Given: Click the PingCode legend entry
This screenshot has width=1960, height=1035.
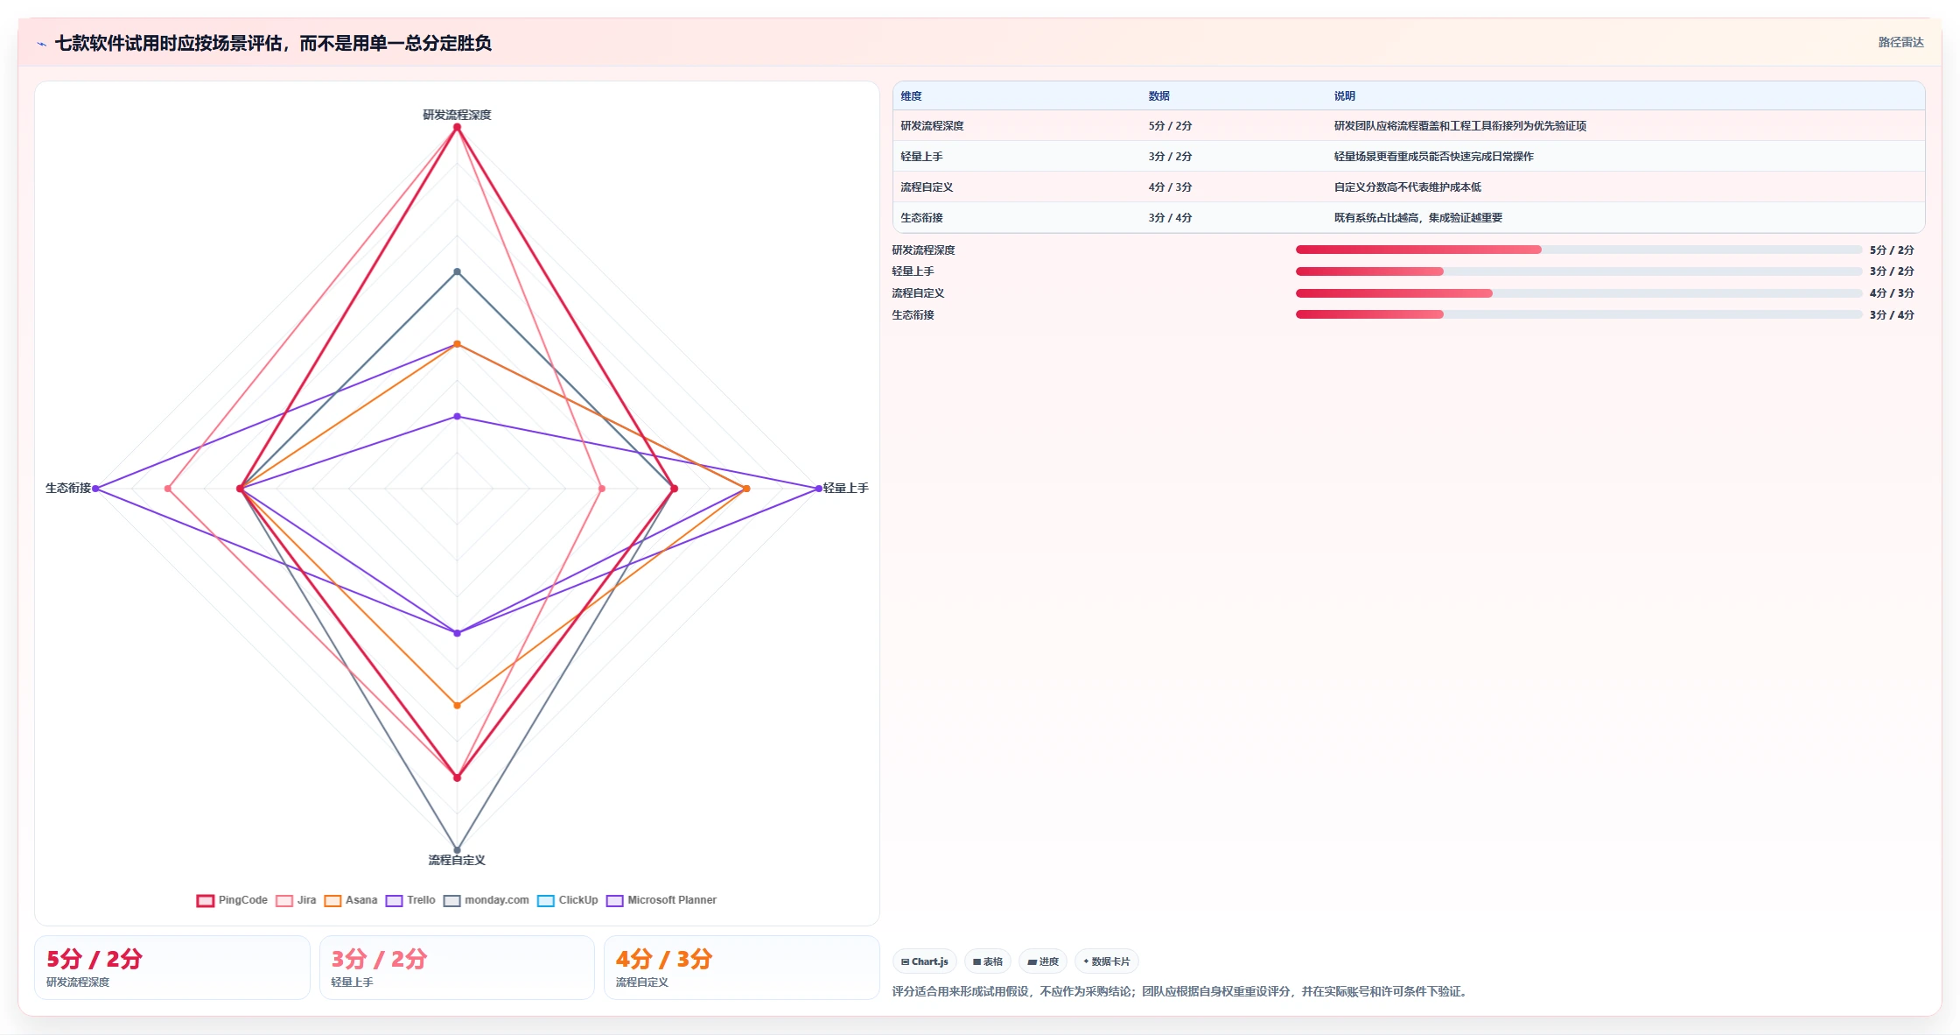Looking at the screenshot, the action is pos(232,900).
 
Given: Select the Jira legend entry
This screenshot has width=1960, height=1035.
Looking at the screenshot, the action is pos(296,900).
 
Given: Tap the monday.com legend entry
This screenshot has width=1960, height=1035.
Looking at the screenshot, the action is pos(486,900).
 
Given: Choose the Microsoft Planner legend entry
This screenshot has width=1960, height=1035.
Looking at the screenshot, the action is pos(661,900).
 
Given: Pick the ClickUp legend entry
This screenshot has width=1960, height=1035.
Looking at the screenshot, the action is pos(568,900).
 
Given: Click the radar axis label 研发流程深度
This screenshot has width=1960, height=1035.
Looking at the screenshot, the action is pos(457,115).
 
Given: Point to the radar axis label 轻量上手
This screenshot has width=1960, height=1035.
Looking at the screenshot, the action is pos(845,488).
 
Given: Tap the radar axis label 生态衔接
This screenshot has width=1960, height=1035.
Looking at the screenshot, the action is pos(68,488).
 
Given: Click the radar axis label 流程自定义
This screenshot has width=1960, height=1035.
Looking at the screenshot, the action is pos(457,860).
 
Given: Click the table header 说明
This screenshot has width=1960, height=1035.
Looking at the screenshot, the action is pos(1344,96).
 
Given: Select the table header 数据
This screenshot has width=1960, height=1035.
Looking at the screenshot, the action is pos(1158,96).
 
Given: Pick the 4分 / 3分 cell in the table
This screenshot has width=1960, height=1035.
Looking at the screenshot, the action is pos(1170,187).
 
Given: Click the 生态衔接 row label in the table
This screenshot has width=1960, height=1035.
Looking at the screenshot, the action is pos(921,218).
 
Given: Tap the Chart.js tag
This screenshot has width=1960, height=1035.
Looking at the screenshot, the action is pos(925,961).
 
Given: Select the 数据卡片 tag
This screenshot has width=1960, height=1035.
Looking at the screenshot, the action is pos(1107,961).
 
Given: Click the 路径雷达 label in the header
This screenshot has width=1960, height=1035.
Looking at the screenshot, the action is pos(1900,42).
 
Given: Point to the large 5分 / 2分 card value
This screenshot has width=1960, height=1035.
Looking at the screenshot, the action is pos(94,959).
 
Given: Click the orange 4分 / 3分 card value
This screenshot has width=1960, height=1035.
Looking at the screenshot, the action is pos(664,959).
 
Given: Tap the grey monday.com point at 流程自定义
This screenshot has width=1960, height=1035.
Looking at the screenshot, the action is pos(457,850).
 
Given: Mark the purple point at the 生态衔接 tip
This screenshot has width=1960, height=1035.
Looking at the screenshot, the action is pos(95,489).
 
